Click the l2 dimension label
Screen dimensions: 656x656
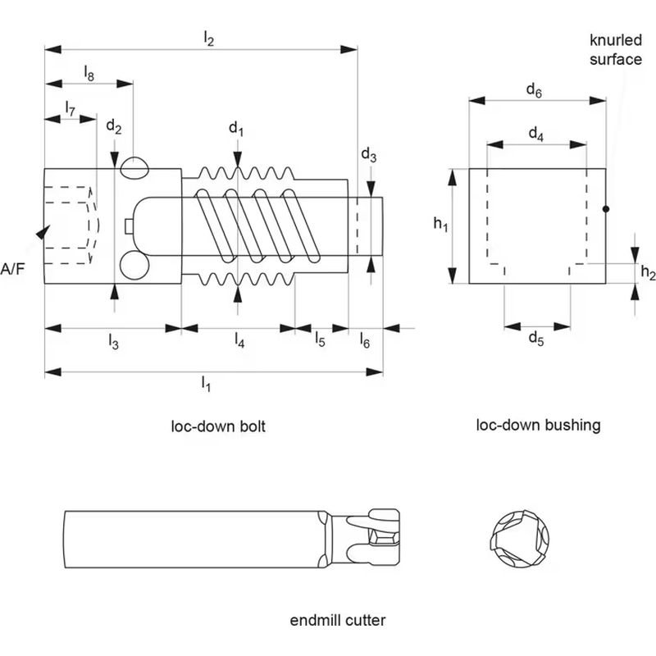[208, 37]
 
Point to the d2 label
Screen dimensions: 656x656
[114, 128]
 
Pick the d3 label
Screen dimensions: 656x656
[369, 156]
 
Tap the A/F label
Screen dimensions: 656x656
[16, 268]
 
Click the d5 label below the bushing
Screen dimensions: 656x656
[535, 337]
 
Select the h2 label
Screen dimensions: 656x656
[647, 273]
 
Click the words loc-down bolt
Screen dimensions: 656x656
[218, 426]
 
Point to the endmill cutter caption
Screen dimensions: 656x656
[338, 620]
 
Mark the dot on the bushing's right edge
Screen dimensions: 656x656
[606, 210]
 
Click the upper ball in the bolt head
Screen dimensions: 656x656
[133, 166]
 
